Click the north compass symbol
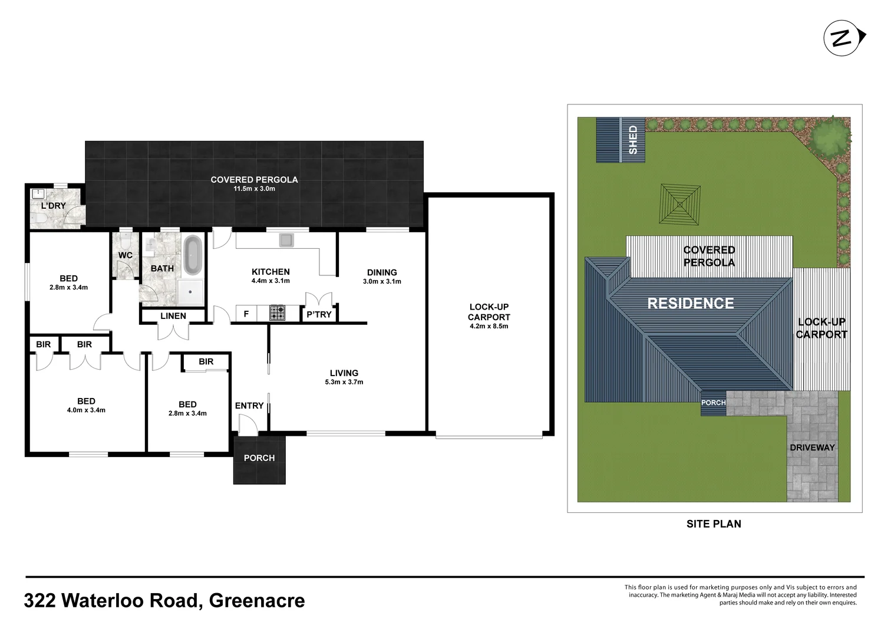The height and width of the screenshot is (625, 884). coord(843,38)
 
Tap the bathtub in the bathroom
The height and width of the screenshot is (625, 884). coord(193,255)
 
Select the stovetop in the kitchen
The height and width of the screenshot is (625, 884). coord(277,312)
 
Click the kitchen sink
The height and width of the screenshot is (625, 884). coord(286,240)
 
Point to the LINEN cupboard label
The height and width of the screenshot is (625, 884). coord(173,316)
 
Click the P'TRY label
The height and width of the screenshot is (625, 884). coord(319,314)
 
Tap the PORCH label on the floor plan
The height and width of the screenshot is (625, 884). coord(259,458)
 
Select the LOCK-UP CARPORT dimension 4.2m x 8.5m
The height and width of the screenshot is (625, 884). coord(489,326)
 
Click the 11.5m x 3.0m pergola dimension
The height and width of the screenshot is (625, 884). coord(254,189)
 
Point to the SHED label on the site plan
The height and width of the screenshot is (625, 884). coord(634,140)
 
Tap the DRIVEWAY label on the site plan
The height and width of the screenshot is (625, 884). coord(812,448)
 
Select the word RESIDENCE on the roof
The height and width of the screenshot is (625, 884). coord(691,303)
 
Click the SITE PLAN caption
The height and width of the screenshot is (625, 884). coord(714,524)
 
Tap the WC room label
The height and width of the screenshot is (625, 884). coord(126,255)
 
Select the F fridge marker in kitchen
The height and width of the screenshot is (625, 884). coord(246,314)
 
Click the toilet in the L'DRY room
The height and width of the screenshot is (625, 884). coord(39,219)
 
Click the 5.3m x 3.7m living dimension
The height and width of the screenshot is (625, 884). coord(344,382)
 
